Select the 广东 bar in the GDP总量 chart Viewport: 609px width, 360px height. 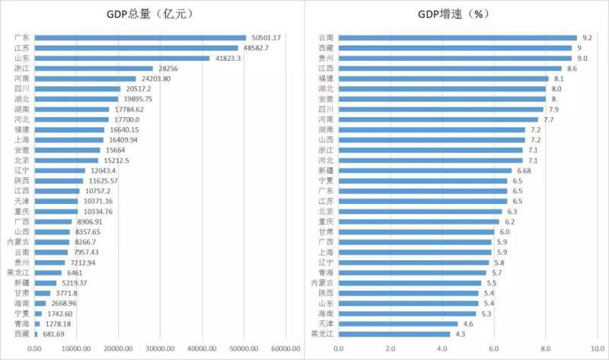pyautogui.click(x=141, y=37)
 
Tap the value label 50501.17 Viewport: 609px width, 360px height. pyautogui.click(x=266, y=37)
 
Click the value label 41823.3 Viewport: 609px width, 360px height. pyautogui.click(x=227, y=58)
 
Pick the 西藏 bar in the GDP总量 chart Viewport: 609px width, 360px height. pyautogui.click(x=36, y=333)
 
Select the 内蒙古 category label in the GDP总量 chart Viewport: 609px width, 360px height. pyautogui.click(x=19, y=242)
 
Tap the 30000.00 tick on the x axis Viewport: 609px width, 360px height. pyautogui.click(x=160, y=349)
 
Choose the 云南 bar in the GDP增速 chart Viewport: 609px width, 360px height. pyautogui.click(x=457, y=37)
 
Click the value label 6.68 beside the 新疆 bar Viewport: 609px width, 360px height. pyautogui.click(x=525, y=170)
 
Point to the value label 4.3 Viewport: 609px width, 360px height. pyautogui.click(x=460, y=333)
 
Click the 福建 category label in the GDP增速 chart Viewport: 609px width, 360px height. pyautogui.click(x=324, y=78)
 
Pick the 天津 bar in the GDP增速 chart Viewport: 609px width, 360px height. pyautogui.click(x=397, y=323)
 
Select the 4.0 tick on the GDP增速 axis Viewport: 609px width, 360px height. pyautogui.click(x=442, y=349)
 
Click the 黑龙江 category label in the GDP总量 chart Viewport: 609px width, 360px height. pyautogui.click(x=19, y=272)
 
